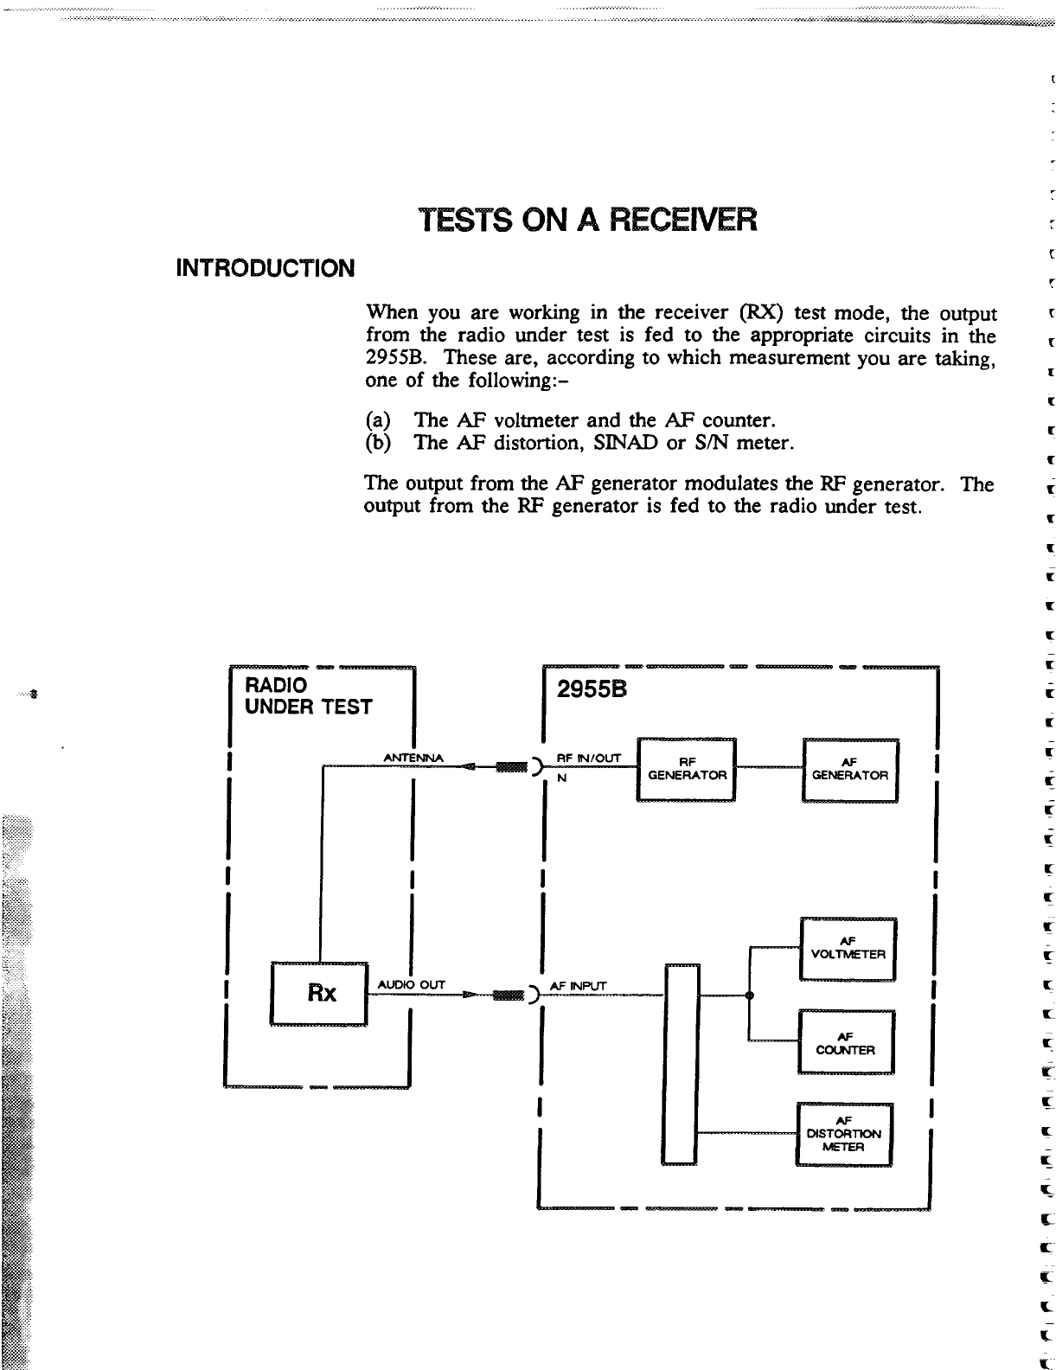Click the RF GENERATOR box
(x=686, y=770)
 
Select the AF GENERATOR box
(x=851, y=770)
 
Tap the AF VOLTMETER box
(x=848, y=948)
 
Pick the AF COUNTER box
(x=846, y=1043)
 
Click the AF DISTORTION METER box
(x=843, y=1134)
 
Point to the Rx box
(x=321, y=993)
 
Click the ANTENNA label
(x=413, y=759)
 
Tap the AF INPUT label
(x=579, y=986)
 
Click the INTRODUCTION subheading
(x=266, y=268)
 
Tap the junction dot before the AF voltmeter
(x=749, y=995)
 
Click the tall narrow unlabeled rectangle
(x=682, y=1065)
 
